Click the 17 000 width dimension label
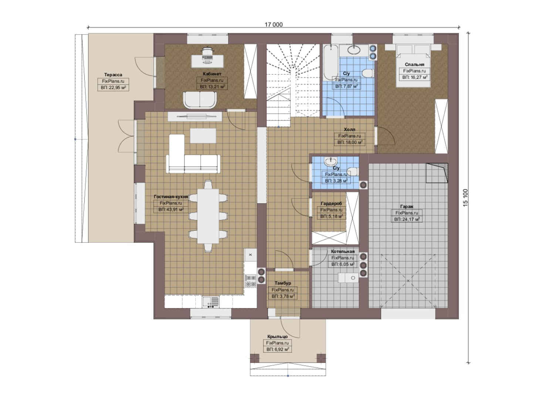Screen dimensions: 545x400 click(274, 24)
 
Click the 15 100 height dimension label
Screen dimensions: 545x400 click(466, 198)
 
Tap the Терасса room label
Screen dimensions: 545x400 click(113, 74)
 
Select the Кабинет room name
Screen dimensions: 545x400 click(212, 74)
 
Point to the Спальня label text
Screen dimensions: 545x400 click(414, 64)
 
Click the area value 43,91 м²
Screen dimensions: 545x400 click(171, 209)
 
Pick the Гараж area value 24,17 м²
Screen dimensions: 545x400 click(407, 219)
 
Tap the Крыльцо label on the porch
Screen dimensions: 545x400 click(277, 336)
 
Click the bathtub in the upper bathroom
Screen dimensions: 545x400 click(331, 62)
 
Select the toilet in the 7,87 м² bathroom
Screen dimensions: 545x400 click(368, 73)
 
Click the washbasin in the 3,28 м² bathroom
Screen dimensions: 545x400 click(331, 161)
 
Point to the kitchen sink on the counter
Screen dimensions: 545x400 click(211, 302)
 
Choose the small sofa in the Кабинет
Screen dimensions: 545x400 click(200, 100)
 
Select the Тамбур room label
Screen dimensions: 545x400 click(283, 283)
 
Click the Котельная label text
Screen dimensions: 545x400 click(343, 251)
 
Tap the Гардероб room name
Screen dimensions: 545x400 click(331, 203)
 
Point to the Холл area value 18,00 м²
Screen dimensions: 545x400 click(350, 142)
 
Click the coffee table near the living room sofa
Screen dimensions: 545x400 click(203, 136)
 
